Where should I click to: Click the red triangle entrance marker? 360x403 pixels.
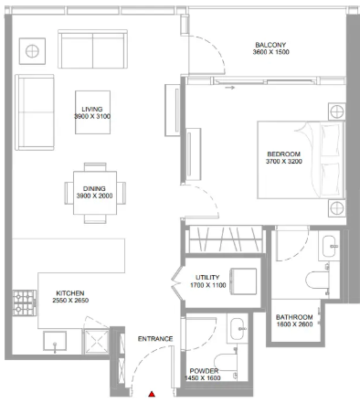(x=152, y=394)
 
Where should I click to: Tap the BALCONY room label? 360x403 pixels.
(x=270, y=45)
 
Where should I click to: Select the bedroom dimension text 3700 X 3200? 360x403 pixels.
(x=284, y=162)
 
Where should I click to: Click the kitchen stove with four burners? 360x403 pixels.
(x=25, y=303)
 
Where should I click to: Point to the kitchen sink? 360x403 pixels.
(x=55, y=341)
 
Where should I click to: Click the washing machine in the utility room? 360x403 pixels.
(x=243, y=281)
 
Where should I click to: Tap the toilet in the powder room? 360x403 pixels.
(x=226, y=363)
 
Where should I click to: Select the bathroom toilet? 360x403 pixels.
(x=317, y=280)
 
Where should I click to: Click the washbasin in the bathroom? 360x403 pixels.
(x=330, y=246)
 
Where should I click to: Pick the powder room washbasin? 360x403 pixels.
(x=238, y=329)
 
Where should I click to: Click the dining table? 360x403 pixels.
(x=95, y=193)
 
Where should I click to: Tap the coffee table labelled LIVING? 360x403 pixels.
(x=92, y=112)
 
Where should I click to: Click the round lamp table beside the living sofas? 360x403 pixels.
(x=32, y=51)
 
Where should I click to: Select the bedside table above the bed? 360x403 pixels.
(x=337, y=111)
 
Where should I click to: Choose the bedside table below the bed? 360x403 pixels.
(x=337, y=208)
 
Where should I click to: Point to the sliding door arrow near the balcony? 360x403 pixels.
(x=230, y=88)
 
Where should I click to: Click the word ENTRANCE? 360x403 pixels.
(x=155, y=339)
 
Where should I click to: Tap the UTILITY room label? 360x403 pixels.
(x=207, y=278)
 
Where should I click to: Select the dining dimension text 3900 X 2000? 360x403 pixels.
(x=94, y=196)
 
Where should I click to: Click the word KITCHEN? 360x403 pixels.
(x=70, y=293)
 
